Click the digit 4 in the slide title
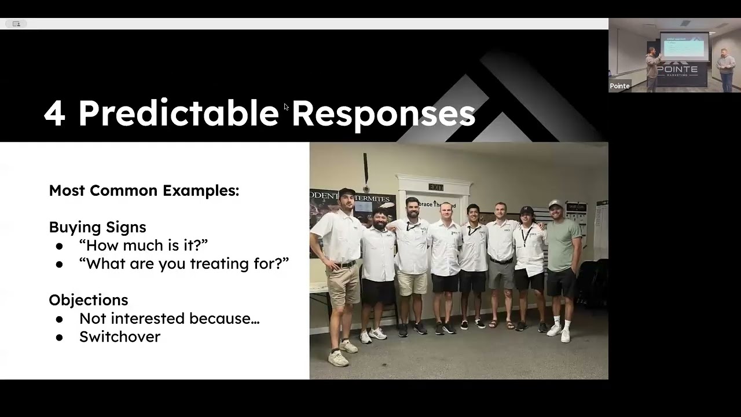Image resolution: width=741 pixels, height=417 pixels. click(x=54, y=114)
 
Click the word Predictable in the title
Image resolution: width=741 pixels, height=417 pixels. click(x=178, y=114)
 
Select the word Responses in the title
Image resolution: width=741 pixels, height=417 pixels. click(x=383, y=114)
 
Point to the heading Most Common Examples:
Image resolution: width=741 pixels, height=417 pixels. click(x=144, y=191)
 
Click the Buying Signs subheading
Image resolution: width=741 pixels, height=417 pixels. click(x=97, y=227)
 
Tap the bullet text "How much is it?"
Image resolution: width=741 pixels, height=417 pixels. click(x=144, y=245)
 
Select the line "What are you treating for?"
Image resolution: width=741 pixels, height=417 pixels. click(x=184, y=264)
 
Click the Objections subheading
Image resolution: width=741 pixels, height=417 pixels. click(x=89, y=300)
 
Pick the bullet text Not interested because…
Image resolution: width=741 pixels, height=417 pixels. click(x=169, y=319)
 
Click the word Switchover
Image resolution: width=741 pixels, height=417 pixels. click(x=120, y=336)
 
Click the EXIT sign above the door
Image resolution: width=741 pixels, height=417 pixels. click(x=436, y=187)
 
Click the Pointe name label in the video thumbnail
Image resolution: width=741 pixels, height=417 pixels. click(x=619, y=86)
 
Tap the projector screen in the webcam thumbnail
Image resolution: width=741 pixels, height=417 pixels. click(x=684, y=46)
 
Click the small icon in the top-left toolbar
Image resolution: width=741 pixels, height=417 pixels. click(x=16, y=24)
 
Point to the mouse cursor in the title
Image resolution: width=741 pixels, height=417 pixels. click(x=286, y=107)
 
